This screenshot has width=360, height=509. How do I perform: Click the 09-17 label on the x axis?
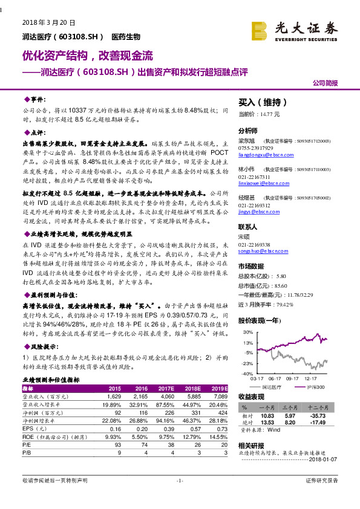pyautogui.click(x=293, y=378)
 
